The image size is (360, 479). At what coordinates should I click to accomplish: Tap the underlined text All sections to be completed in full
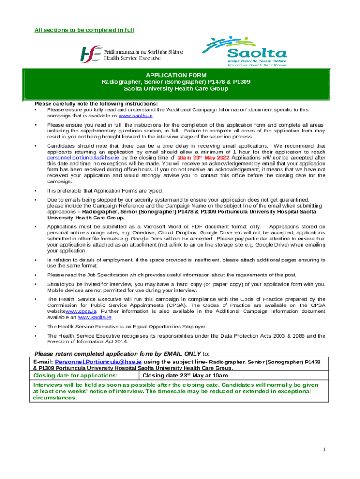coord(84,30)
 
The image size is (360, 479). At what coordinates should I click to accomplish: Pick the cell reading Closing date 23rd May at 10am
coord(185,376)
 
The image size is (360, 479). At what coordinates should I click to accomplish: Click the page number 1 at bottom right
coord(323,450)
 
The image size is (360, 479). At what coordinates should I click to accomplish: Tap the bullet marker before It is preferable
coord(36,191)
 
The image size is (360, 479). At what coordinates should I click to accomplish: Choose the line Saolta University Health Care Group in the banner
coord(176,89)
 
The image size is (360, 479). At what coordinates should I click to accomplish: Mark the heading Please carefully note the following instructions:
coord(96,104)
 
